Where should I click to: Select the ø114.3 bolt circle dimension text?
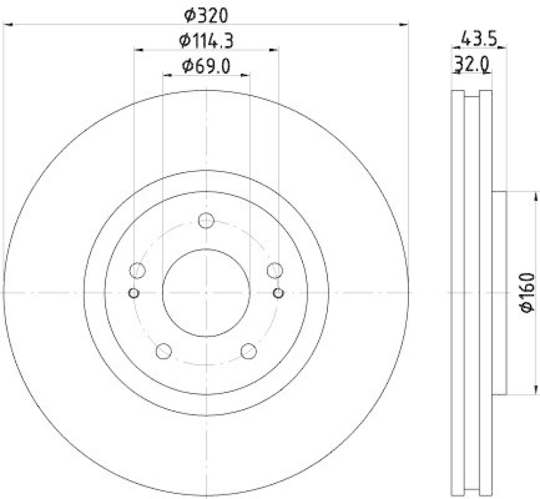pyautogui.click(x=206, y=41)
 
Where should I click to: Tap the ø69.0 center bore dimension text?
pyautogui.click(x=206, y=66)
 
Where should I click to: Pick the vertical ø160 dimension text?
pyautogui.click(x=527, y=292)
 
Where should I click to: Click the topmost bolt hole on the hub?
pyautogui.click(x=207, y=221)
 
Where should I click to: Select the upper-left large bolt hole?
pyautogui.click(x=138, y=271)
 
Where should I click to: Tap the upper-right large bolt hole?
pyautogui.click(x=275, y=271)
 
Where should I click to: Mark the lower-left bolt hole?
pyautogui.click(x=164, y=351)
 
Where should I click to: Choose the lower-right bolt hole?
pyautogui.click(x=248, y=351)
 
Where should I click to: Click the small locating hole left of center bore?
pyautogui.click(x=134, y=292)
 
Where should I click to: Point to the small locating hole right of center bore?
pyautogui.click(x=279, y=292)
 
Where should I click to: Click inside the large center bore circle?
pyautogui.click(x=207, y=292)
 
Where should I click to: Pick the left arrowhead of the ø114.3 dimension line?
pyautogui.click(x=138, y=49)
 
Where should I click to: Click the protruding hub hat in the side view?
pyautogui.click(x=499, y=292)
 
